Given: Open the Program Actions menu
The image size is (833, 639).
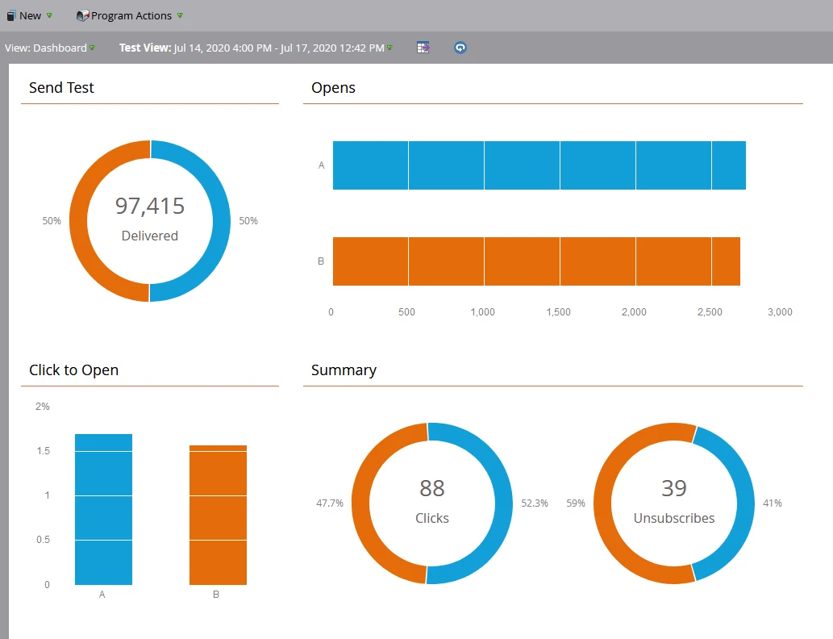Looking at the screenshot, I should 130,15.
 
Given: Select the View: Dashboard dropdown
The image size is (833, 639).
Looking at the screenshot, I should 49,48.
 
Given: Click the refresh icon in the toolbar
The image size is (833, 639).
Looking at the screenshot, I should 460,48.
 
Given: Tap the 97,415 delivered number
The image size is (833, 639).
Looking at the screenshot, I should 150,207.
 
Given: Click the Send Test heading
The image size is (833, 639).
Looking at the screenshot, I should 61,88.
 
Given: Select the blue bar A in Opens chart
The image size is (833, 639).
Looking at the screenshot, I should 539,165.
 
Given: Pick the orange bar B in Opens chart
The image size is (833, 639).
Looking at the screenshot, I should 536,261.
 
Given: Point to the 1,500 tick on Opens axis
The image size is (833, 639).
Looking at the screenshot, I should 558,312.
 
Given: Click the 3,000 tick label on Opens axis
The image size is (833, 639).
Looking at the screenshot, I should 779,312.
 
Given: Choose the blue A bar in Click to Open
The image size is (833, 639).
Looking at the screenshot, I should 103,509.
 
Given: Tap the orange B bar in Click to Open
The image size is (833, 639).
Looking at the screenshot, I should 218,515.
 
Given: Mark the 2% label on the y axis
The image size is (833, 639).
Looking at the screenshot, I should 43,407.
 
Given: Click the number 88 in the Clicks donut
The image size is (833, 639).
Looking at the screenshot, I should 432,488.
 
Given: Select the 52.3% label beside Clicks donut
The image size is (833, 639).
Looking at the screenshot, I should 535,503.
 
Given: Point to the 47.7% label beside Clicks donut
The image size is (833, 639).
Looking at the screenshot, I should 330,503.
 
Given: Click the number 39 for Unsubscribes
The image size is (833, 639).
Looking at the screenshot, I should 674,488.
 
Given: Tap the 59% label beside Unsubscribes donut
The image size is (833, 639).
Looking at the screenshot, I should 576,503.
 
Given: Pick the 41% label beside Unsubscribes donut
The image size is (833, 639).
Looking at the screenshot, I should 773,503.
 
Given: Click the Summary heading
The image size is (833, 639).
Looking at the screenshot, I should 344,370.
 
